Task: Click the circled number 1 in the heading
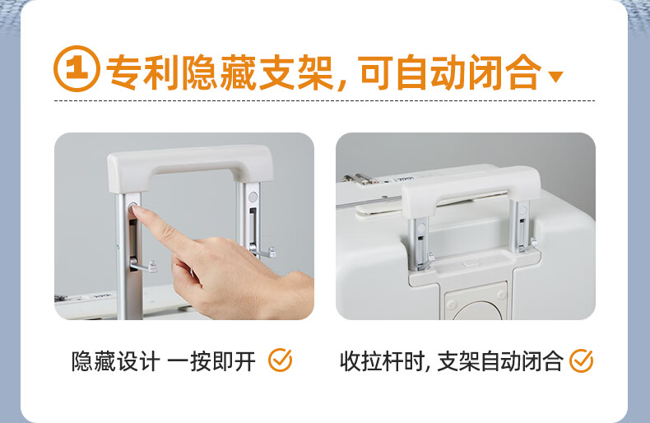pos(77,68)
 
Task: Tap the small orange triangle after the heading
pos(555,77)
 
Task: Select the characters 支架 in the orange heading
pos(296,72)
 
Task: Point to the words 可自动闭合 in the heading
pos(451,72)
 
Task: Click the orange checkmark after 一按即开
pos(281,360)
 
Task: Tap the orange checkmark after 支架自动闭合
pos(581,360)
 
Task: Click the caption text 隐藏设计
pos(116,361)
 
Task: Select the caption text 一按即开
pos(211,361)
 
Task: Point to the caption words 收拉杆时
pos(382,361)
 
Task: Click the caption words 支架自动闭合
pos(500,361)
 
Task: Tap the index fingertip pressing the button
pos(136,210)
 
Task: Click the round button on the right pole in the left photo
pos(253,197)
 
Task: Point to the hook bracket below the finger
pos(143,266)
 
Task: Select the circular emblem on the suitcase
pos(476,309)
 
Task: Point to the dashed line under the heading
pos(324,100)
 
